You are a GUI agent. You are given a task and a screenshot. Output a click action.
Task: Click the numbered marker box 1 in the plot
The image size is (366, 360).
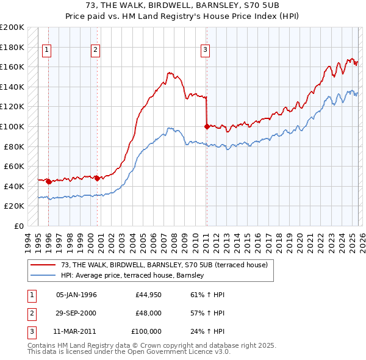(47, 51)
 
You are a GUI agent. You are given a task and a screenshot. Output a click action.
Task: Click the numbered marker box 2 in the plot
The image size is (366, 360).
(96, 51)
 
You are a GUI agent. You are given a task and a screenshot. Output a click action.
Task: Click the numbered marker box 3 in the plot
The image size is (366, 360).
(206, 51)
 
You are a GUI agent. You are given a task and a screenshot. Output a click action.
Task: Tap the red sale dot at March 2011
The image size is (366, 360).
(207, 127)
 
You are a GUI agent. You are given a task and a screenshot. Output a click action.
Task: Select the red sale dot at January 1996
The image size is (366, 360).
(49, 181)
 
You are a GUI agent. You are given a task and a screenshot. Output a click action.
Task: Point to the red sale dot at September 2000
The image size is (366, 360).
(98, 178)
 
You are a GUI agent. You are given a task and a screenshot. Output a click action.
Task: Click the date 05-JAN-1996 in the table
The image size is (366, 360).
(76, 295)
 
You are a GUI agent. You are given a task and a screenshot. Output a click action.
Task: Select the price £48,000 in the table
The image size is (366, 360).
(149, 313)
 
